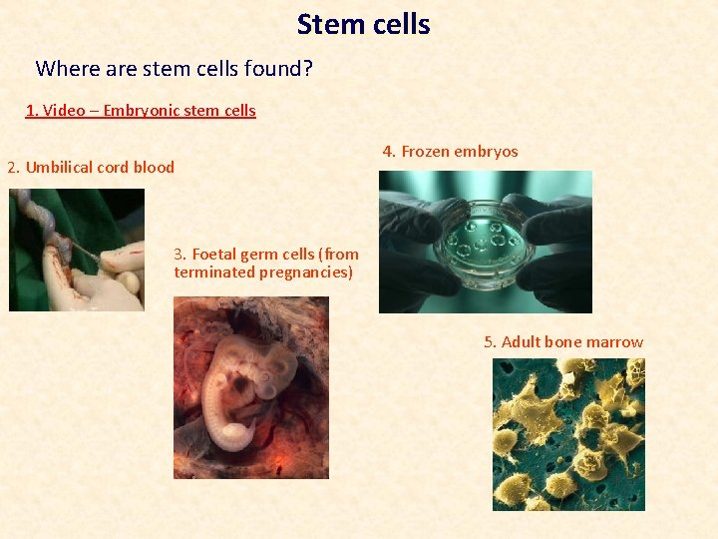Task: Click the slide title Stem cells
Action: (x=363, y=24)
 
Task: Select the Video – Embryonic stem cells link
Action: (x=141, y=111)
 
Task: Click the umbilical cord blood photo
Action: (x=77, y=250)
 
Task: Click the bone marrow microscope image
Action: (x=568, y=434)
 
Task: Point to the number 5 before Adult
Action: (x=490, y=342)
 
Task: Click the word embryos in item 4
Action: (x=486, y=152)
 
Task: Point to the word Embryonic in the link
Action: (x=140, y=111)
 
